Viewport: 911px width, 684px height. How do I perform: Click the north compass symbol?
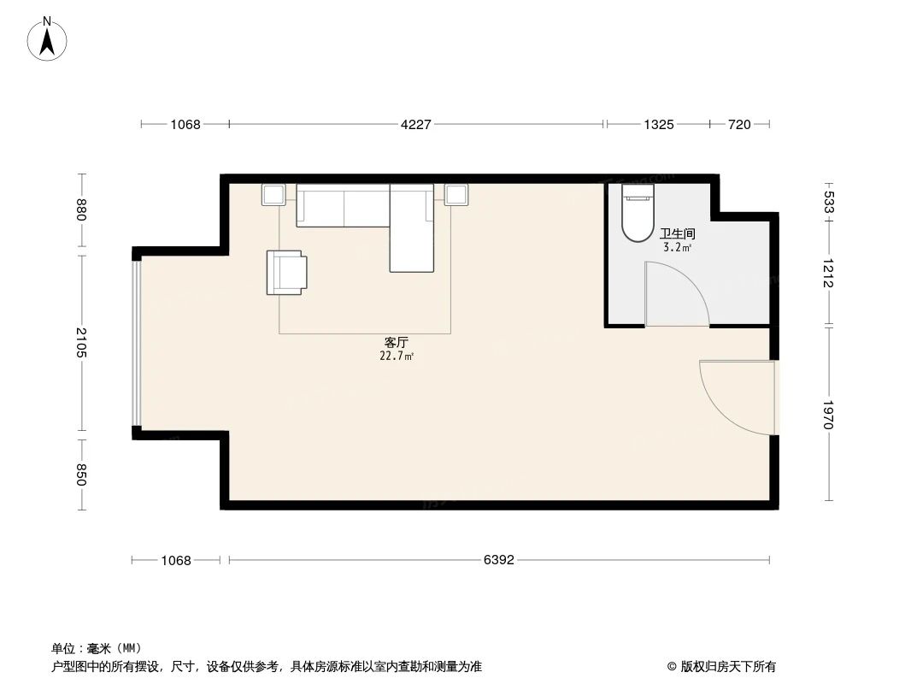tap(48, 39)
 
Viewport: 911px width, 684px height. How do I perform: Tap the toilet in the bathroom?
tap(637, 213)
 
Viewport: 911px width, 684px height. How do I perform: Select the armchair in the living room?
tap(286, 272)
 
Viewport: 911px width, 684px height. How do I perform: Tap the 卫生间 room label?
tap(677, 233)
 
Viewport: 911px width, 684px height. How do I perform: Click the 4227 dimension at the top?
tap(416, 125)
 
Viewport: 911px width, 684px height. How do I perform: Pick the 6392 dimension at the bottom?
tap(499, 561)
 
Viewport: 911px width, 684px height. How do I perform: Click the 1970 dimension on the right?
tap(827, 415)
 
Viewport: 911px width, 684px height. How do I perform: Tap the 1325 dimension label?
tap(659, 125)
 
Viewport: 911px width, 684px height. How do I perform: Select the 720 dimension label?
tap(739, 125)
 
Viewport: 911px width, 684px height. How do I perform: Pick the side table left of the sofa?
tap(273, 195)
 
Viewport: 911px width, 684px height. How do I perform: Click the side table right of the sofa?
tap(456, 195)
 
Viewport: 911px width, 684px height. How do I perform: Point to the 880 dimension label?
tap(81, 210)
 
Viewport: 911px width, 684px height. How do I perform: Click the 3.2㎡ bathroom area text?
tap(677, 247)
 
